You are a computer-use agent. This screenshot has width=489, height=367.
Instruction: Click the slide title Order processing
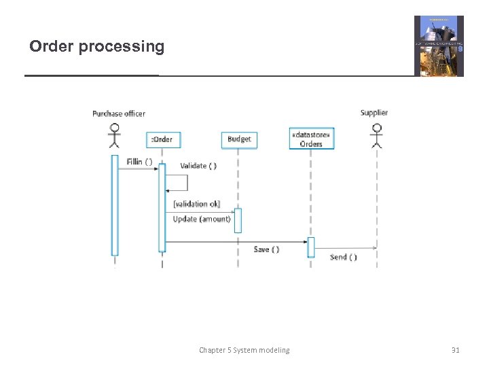[96, 46]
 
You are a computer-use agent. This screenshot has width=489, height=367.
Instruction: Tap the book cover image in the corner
[439, 46]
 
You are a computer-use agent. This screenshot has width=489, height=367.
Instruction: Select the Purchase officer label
[119, 113]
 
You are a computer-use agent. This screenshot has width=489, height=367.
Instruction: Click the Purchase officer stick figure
[115, 135]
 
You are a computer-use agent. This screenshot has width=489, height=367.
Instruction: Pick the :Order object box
[161, 139]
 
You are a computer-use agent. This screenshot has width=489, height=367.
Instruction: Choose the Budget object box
[239, 139]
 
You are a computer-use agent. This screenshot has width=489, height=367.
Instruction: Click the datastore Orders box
[311, 139]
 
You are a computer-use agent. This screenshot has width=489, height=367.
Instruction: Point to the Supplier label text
[374, 113]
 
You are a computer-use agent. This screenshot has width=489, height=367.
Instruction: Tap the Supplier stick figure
[376, 135]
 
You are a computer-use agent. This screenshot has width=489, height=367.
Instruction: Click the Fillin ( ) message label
[139, 162]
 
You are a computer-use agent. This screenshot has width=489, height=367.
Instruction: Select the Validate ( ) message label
[198, 166]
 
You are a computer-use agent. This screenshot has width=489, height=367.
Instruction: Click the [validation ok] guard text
[196, 204]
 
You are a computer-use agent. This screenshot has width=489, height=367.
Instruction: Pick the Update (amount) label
[202, 219]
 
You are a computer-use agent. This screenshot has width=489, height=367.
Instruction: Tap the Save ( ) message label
[266, 249]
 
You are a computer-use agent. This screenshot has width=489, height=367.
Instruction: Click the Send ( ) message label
[343, 257]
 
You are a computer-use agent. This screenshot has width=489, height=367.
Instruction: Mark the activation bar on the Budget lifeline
[238, 220]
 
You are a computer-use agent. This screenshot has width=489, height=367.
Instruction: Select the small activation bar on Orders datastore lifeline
[311, 247]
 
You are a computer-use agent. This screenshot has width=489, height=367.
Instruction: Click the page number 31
[455, 350]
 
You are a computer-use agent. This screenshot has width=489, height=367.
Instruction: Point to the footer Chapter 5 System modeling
[244, 350]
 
